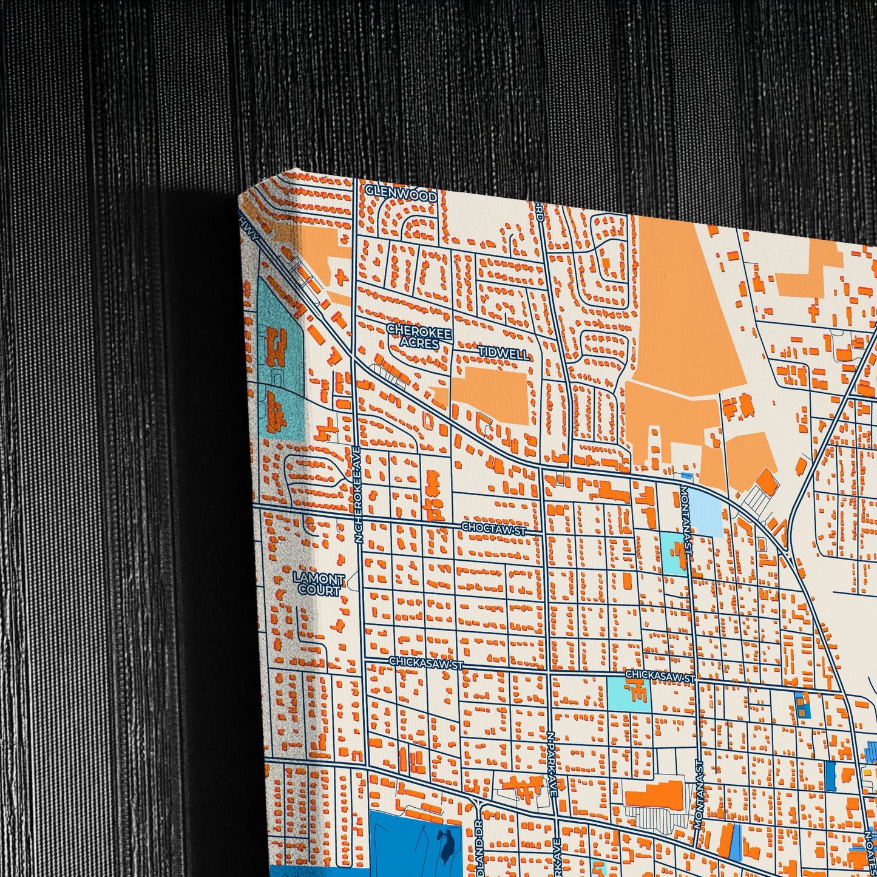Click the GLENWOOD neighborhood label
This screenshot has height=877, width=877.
[x=401, y=196]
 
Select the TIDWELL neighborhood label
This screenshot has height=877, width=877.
[x=503, y=352]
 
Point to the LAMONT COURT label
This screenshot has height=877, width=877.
[x=319, y=584]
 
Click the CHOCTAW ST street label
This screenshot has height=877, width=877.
[x=493, y=527]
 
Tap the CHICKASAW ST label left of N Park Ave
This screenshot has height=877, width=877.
[x=425, y=662]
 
